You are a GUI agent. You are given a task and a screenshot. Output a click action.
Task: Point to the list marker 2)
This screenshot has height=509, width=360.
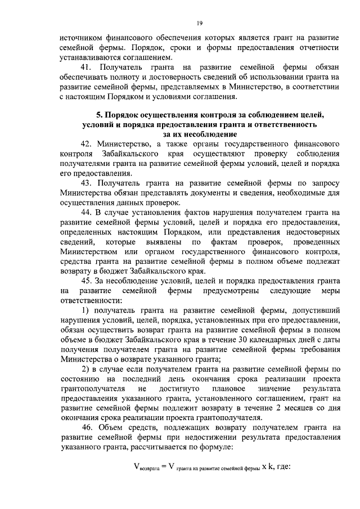click(x=88, y=369)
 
